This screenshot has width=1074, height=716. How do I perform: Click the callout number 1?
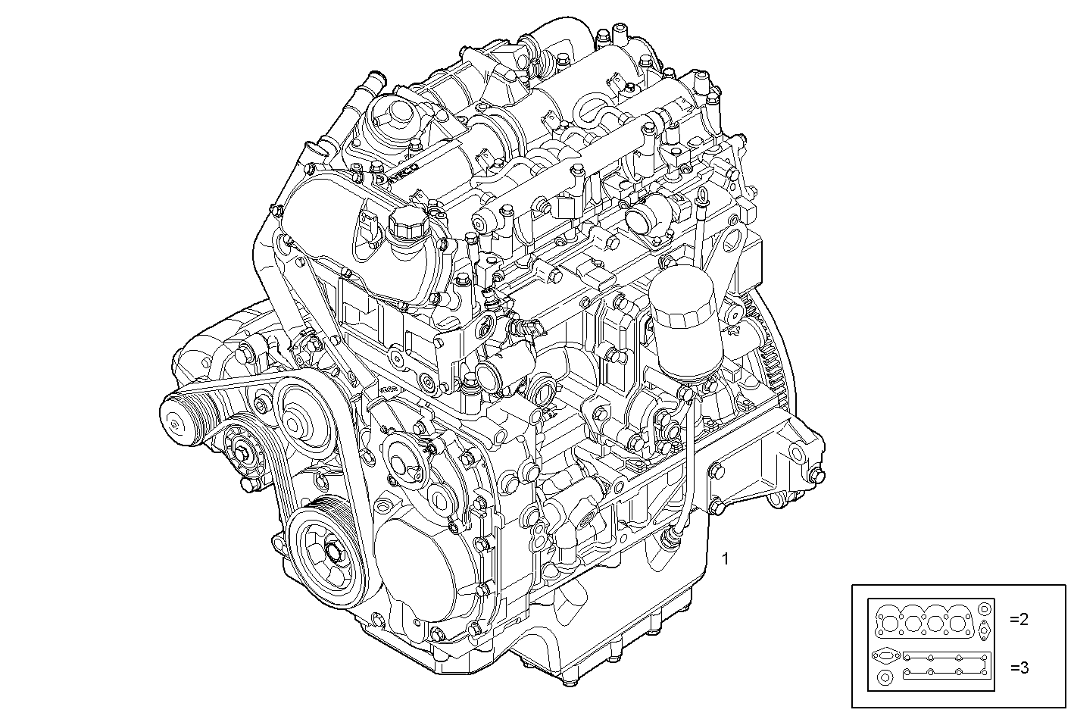726,559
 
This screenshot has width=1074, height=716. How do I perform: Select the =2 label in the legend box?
1019,619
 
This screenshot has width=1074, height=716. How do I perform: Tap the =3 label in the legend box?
1019,668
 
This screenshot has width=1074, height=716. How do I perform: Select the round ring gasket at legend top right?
984,609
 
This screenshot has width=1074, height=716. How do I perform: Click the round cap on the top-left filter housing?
392,116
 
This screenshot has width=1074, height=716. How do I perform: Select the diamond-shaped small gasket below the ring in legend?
984,629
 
